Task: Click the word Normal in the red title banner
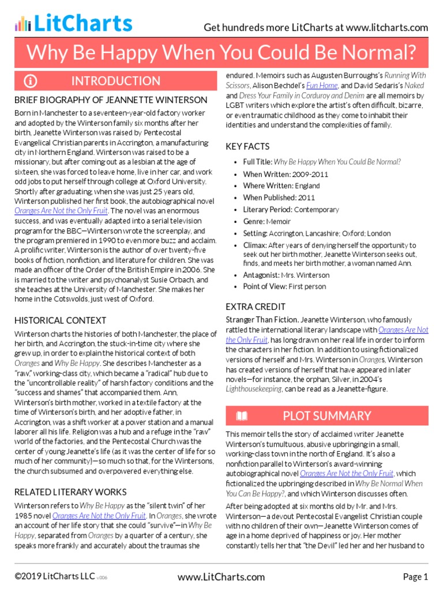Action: pyautogui.click(x=377, y=53)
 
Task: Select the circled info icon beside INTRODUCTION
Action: pyautogui.click(x=30, y=81)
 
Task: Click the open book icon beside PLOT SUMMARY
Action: pyautogui.click(x=242, y=416)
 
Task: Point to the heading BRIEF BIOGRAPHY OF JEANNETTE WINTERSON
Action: pyautogui.click(x=111, y=100)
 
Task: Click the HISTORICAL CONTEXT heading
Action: pyautogui.click(x=60, y=320)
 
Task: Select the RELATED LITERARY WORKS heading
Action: pyautogui.click(x=70, y=491)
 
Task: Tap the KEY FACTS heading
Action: pyautogui.click(x=247, y=146)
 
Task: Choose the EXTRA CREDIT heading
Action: pyautogui.click(x=256, y=307)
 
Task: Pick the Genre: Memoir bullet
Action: pyautogui.click(x=266, y=221)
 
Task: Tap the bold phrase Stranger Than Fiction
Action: pyautogui.click(x=261, y=319)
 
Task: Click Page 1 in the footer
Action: pyautogui.click(x=415, y=577)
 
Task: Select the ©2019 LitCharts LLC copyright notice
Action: pyautogui.click(x=52, y=577)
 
